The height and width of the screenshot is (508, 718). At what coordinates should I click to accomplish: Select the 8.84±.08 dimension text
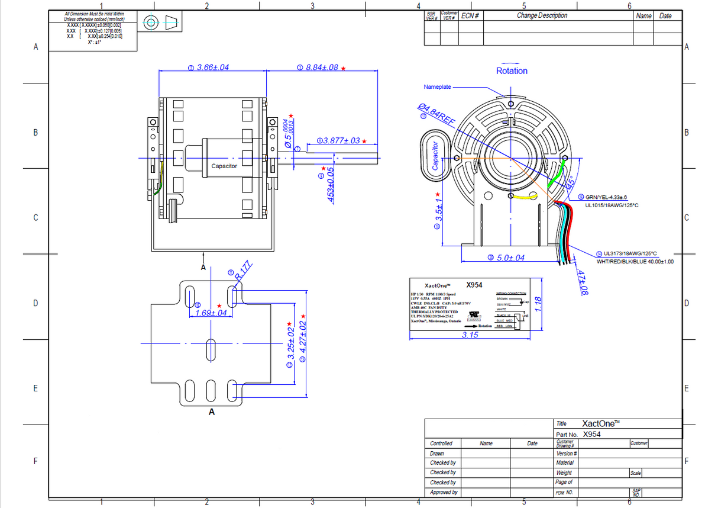(322, 67)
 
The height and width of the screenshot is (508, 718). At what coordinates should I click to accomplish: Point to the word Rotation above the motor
(512, 71)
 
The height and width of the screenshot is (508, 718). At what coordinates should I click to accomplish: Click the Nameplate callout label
(437, 87)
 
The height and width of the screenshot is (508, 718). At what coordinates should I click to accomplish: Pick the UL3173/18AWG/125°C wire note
(630, 253)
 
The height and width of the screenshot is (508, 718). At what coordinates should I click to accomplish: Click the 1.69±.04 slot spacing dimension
(211, 313)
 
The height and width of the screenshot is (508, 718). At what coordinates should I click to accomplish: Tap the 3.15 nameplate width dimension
(470, 335)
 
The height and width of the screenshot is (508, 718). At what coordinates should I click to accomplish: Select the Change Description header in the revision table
(542, 16)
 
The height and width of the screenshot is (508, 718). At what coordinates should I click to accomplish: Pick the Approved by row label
(444, 492)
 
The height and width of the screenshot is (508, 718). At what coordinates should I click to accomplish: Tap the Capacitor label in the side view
(224, 166)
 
